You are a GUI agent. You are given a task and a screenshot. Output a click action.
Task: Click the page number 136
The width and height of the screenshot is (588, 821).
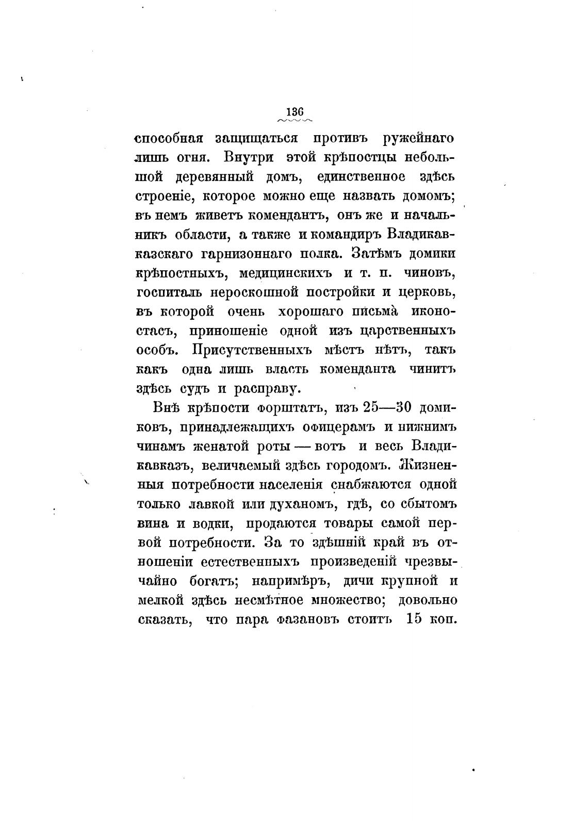click(295, 112)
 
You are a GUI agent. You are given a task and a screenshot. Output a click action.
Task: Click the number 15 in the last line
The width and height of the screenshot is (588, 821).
click(414, 618)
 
